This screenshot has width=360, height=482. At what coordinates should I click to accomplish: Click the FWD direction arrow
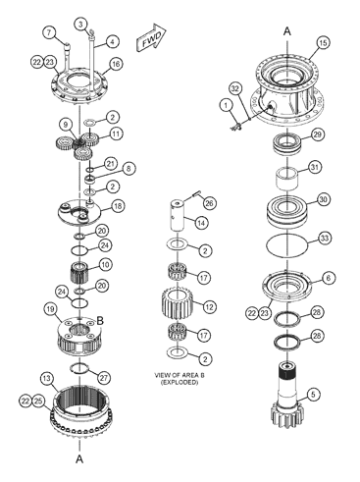(x=151, y=38)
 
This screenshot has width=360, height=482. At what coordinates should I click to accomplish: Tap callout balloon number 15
(x=323, y=43)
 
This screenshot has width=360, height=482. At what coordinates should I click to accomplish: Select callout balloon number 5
(x=313, y=395)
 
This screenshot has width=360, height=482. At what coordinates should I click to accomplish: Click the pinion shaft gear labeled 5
(x=286, y=397)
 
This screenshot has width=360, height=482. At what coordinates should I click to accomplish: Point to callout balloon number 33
(x=324, y=239)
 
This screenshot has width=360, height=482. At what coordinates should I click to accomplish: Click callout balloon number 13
(x=47, y=379)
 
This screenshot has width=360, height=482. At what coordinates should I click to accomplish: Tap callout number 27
(x=104, y=378)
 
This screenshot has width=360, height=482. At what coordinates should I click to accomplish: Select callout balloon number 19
(x=50, y=309)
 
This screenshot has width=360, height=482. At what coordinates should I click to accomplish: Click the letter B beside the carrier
(x=100, y=321)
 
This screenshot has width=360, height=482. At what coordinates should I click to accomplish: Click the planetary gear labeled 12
(x=178, y=303)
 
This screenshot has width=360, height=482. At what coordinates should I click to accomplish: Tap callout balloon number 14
(x=201, y=223)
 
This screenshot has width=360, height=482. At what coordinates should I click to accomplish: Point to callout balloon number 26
(x=209, y=203)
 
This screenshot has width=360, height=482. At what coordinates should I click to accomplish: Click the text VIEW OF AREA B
(x=180, y=375)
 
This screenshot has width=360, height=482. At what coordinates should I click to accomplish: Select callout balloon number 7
(x=49, y=32)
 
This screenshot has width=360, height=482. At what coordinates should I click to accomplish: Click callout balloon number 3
(x=81, y=24)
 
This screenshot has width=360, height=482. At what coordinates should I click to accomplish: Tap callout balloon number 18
(x=118, y=206)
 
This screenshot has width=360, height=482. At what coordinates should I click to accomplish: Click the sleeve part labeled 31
(x=286, y=179)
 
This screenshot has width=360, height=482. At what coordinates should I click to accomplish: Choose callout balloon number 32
(x=235, y=88)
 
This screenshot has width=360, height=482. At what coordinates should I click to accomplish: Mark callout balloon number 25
(x=38, y=402)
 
